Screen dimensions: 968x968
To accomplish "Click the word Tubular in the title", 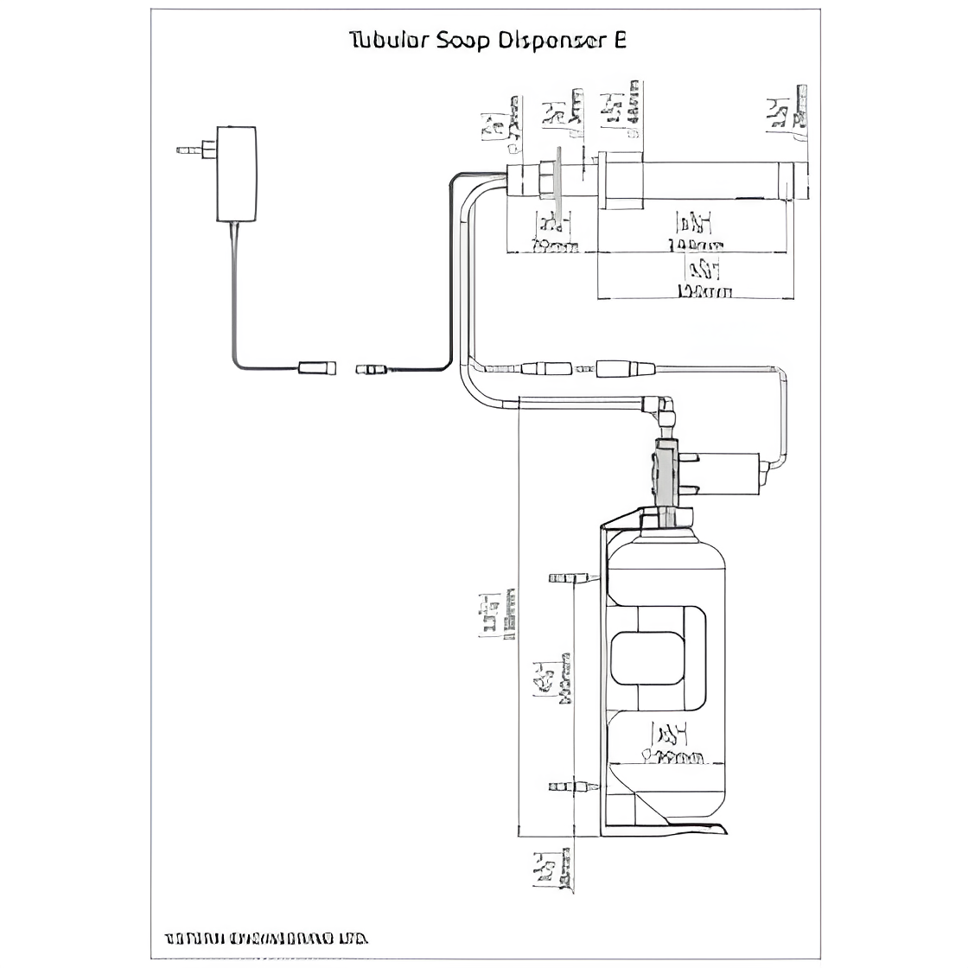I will tap(385, 41).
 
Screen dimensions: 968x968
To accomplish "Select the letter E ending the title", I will tap(619, 41).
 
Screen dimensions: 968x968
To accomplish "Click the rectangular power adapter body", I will tap(236, 174).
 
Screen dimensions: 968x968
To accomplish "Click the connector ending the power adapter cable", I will tap(316, 368).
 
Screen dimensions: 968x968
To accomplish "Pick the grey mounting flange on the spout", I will tap(559, 185).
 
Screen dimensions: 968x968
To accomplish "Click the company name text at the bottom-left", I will tap(266, 938).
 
